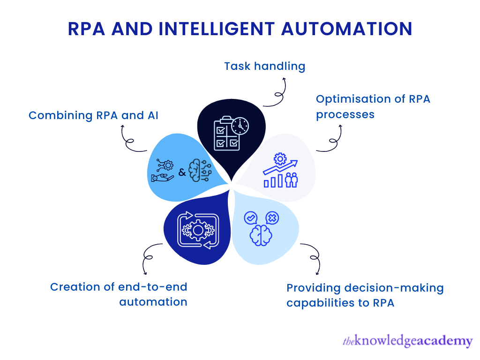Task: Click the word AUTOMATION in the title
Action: pyautogui.click(x=346, y=29)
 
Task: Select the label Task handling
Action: pyautogui.click(x=264, y=66)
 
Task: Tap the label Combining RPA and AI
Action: pyautogui.click(x=93, y=115)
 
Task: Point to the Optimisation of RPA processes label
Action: pyautogui.click(x=373, y=106)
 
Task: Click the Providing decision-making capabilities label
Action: pyautogui.click(x=365, y=295)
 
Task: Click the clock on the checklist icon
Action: pyautogui.click(x=240, y=125)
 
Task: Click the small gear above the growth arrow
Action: pyautogui.click(x=280, y=158)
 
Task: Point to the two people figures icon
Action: pyautogui.click(x=292, y=180)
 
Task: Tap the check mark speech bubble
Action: pyautogui.click(x=251, y=217)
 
